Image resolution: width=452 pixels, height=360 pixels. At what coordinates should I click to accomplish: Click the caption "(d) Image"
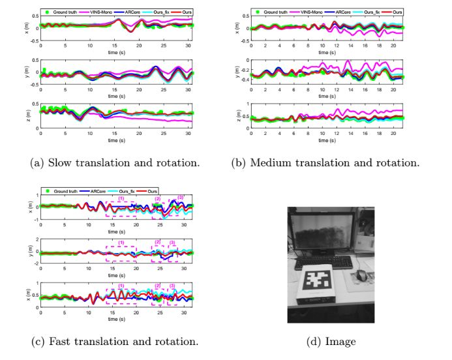pos(331,341)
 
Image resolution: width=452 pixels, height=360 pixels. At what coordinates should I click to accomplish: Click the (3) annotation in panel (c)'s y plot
pos(172,243)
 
